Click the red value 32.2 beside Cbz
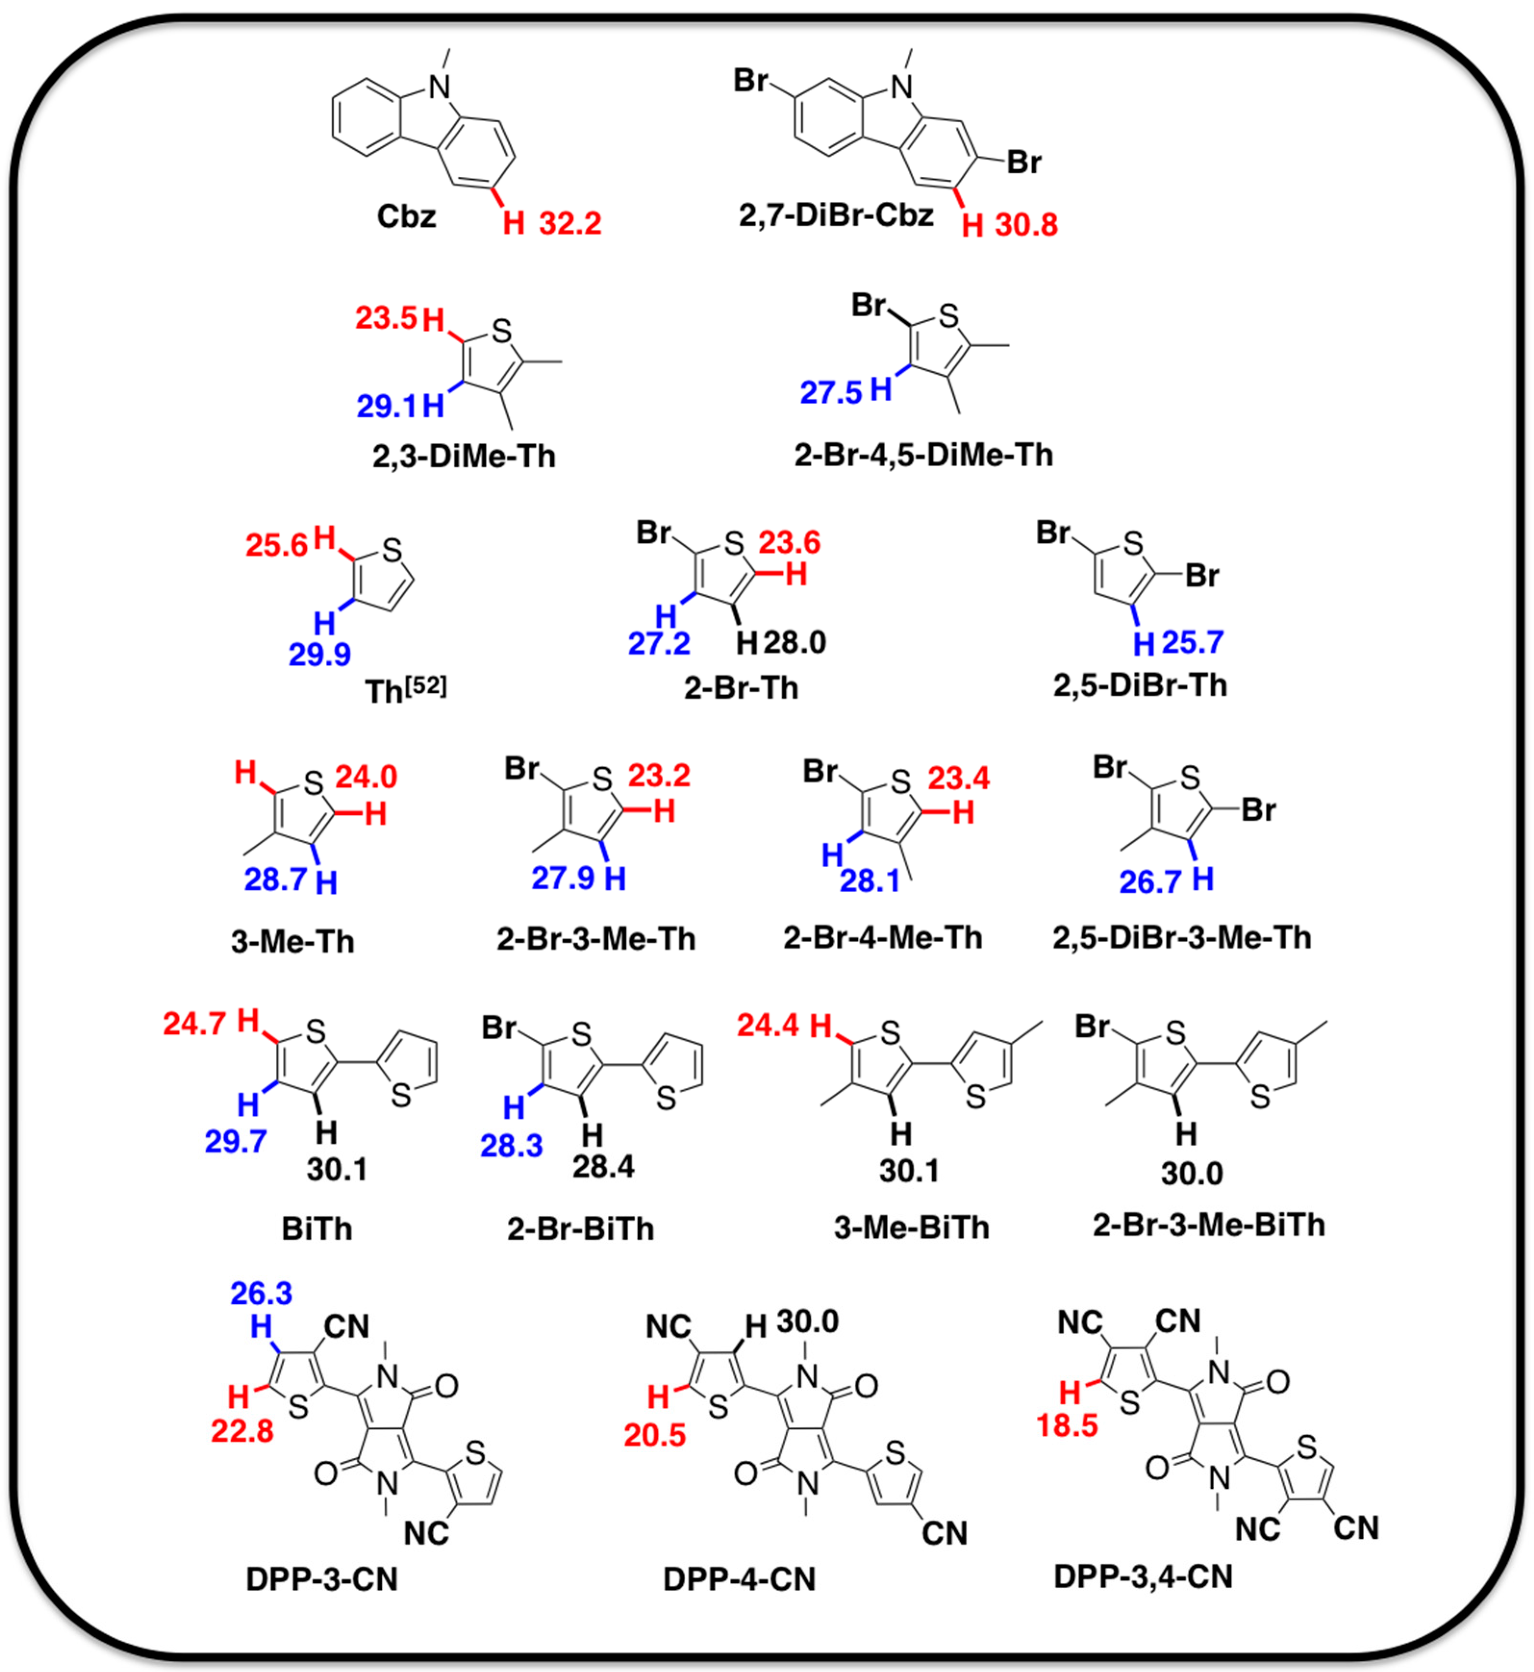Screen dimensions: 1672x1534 [x=570, y=223]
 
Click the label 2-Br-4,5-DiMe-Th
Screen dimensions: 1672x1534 [x=923, y=455]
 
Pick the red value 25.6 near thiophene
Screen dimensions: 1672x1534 [x=277, y=545]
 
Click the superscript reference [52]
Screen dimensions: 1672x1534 [x=429, y=686]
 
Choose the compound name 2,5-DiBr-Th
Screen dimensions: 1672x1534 [x=1140, y=686]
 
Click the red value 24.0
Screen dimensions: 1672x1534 [x=366, y=777]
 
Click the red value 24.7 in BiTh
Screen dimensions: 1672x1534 [x=194, y=1024]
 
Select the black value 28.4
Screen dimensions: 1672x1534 [x=604, y=1167]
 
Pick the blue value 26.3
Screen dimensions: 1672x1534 [x=262, y=1293]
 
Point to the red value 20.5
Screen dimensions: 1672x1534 [x=655, y=1435]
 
